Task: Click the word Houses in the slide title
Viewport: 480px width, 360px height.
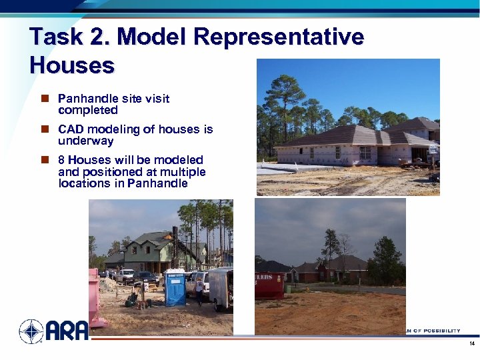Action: [72, 65]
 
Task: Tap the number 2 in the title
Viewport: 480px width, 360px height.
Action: [99, 37]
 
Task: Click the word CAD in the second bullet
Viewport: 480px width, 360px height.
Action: [71, 129]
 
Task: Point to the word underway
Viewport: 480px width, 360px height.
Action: [86, 141]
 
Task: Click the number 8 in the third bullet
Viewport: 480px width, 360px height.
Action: [61, 160]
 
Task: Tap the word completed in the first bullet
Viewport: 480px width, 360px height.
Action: [88, 110]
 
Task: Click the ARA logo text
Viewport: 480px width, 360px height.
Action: [67, 330]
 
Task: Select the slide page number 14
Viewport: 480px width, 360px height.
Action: [471, 344]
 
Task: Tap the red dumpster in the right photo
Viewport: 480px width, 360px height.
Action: [269, 285]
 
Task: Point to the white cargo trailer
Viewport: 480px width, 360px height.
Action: [221, 289]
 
